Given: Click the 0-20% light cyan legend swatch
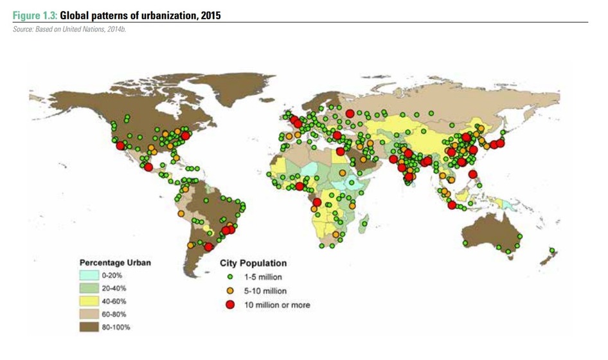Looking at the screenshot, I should (x=89, y=275).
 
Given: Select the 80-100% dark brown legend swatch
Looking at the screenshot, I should (x=89, y=327).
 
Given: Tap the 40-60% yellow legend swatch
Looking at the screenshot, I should (x=89, y=301).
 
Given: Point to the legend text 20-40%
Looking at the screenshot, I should (x=113, y=288).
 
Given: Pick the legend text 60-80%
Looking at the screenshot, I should (x=113, y=314).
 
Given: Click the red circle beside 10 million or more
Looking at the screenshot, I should (x=229, y=305).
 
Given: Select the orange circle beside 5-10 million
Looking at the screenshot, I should (x=229, y=291).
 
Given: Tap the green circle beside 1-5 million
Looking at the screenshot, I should (x=229, y=277).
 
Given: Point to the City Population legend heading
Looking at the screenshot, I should (x=253, y=263).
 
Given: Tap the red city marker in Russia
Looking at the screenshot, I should (x=350, y=113).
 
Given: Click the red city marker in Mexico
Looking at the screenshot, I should (x=148, y=167).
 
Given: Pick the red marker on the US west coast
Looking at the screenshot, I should (x=120, y=146).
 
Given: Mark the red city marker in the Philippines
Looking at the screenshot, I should (x=473, y=174).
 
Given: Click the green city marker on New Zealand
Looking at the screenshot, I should (x=552, y=250).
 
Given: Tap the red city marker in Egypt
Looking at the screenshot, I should (x=340, y=152).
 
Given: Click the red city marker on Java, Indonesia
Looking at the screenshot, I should (x=452, y=205).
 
